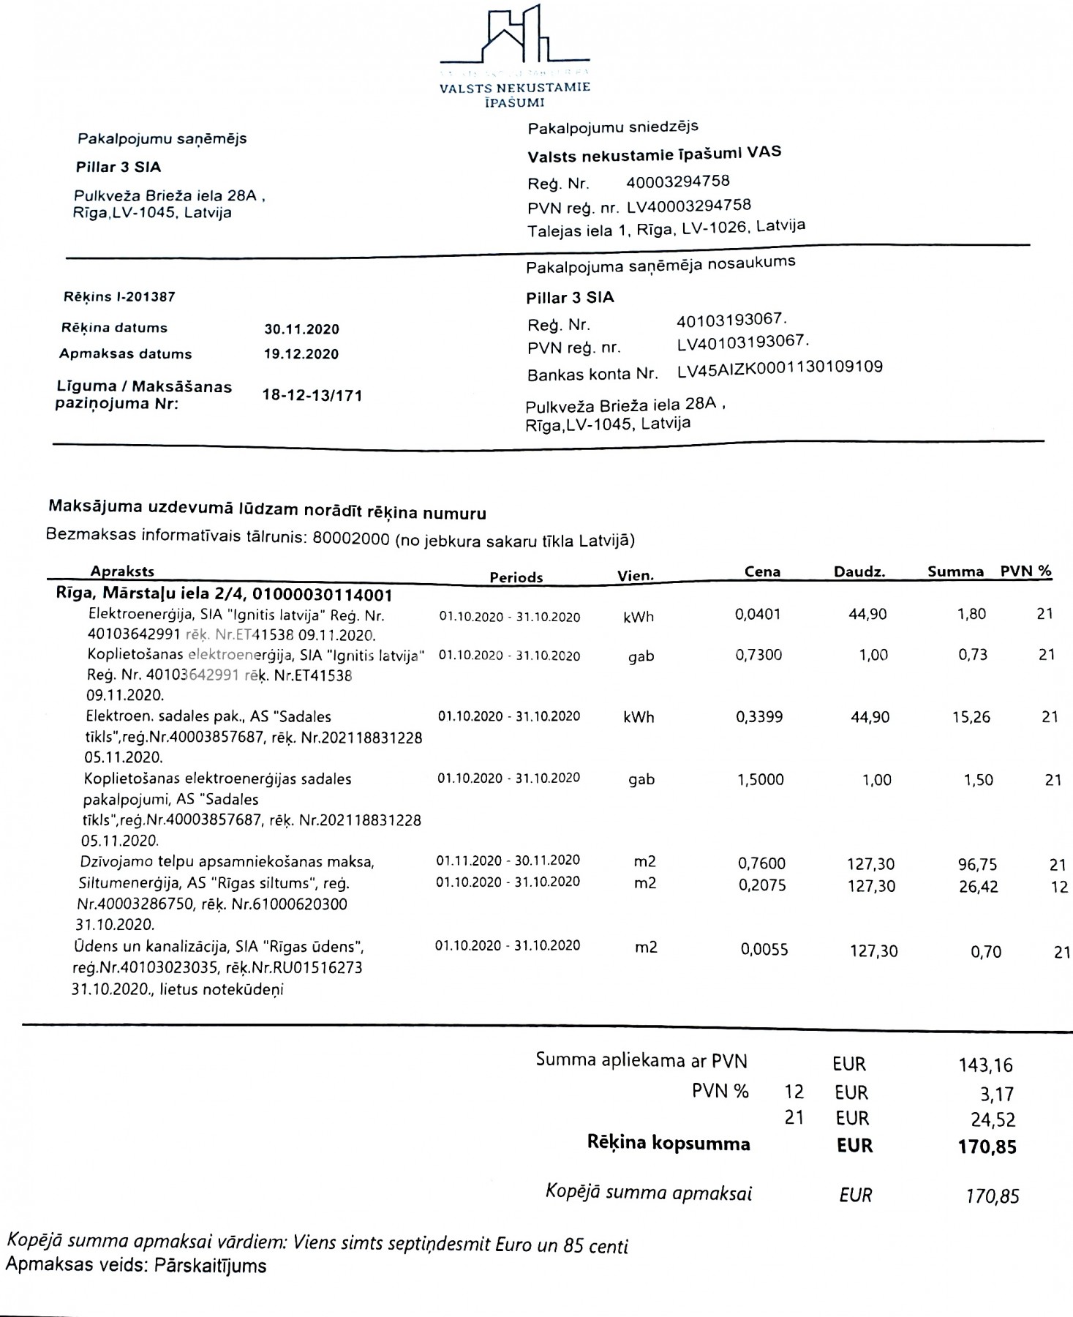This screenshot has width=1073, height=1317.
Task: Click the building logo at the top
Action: point(515,37)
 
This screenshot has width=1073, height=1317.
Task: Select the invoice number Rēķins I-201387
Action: point(119,297)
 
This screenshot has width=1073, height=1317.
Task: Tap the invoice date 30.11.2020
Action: point(301,329)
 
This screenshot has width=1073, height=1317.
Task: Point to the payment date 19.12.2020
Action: point(301,355)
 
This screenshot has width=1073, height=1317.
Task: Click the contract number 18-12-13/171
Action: point(312,396)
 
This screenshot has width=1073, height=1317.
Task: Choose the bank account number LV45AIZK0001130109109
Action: point(780,368)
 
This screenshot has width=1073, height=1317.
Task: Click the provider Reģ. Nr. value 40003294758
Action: point(678,181)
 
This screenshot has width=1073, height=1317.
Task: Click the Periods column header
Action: point(516,577)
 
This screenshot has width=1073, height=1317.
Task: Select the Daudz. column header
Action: point(859,572)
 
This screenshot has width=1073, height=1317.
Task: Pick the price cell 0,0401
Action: point(758,615)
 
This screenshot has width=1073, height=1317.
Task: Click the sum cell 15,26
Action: point(971,717)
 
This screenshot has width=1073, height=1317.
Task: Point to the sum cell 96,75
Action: point(977,865)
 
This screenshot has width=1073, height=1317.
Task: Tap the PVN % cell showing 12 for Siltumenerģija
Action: point(1059,888)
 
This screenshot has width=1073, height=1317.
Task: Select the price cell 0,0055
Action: point(764,950)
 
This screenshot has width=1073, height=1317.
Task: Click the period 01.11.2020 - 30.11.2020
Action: point(508,860)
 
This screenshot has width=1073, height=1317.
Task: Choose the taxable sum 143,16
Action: point(986,1065)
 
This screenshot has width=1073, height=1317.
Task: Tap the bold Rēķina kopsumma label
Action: point(669,1144)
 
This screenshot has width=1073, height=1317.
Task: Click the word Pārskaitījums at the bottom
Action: point(210,1265)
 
